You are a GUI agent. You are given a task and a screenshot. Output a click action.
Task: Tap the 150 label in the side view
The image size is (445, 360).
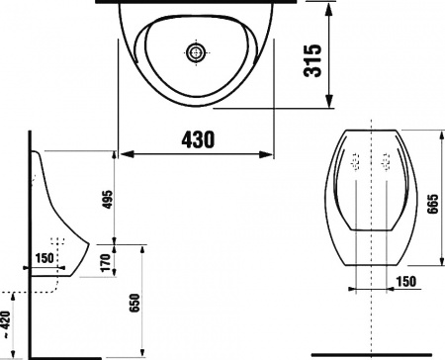[x=45, y=260]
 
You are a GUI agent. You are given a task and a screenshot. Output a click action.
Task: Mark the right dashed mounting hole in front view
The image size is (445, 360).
[x=385, y=163]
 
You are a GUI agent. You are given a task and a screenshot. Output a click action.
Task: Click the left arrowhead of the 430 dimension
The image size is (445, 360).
[x=125, y=152]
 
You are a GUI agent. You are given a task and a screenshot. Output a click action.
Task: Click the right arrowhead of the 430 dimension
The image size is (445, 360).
[x=272, y=152]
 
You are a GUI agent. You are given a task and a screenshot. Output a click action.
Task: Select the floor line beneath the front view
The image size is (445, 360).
[x=371, y=354]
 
